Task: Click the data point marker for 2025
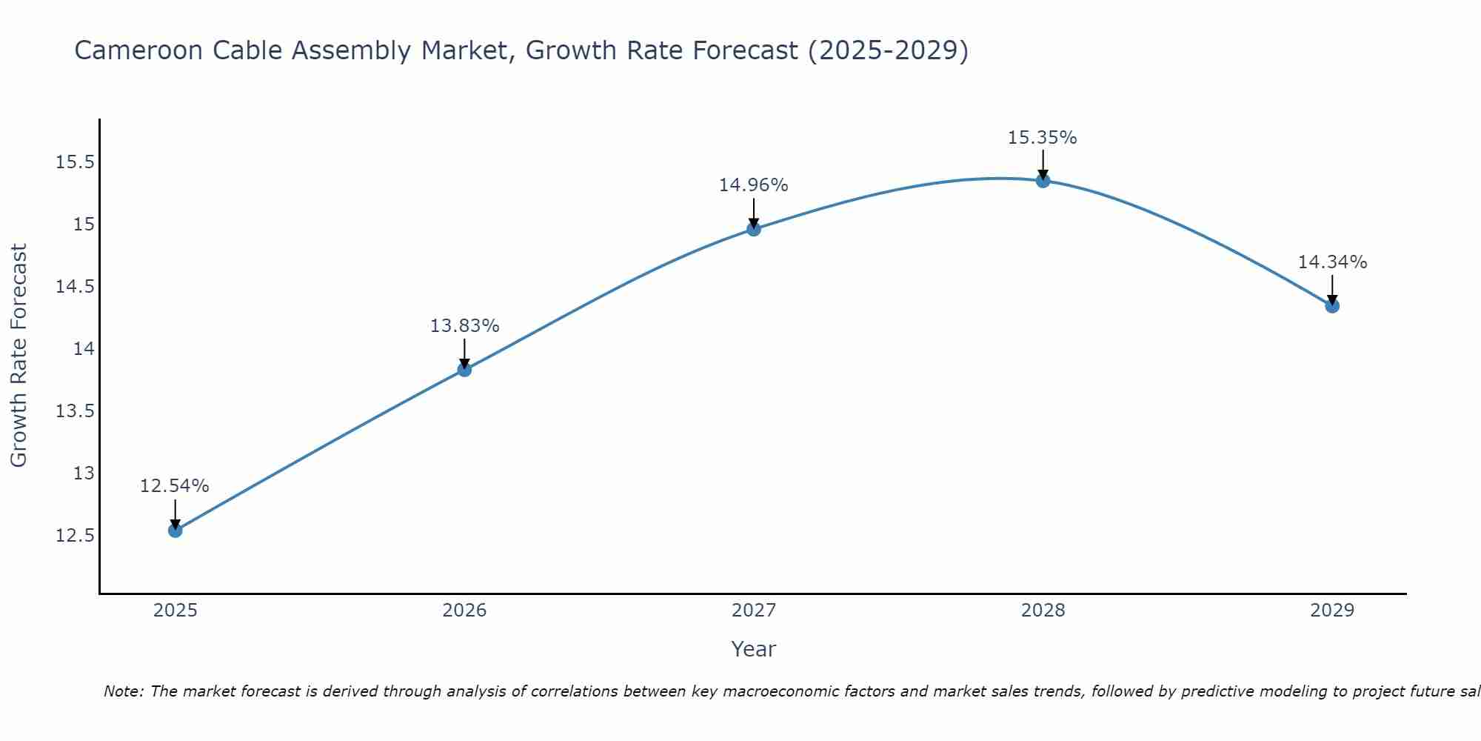tap(175, 530)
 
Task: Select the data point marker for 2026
tap(464, 369)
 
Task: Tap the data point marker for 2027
tap(754, 228)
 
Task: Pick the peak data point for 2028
tap(1043, 180)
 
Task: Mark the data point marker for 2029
tap(1332, 305)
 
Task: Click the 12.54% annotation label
tap(175, 486)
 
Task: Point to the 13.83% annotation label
tap(464, 325)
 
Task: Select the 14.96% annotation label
tap(754, 185)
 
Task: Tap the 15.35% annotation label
tap(1043, 137)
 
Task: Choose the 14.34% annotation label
tap(1332, 262)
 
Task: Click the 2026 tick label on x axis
tap(464, 611)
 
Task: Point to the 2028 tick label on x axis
tap(1043, 611)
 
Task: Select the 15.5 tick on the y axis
tap(76, 162)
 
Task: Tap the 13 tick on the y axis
tap(84, 473)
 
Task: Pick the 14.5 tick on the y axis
tap(76, 286)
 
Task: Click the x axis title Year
tap(753, 649)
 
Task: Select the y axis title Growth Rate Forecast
tap(19, 356)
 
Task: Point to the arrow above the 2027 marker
tap(754, 213)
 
